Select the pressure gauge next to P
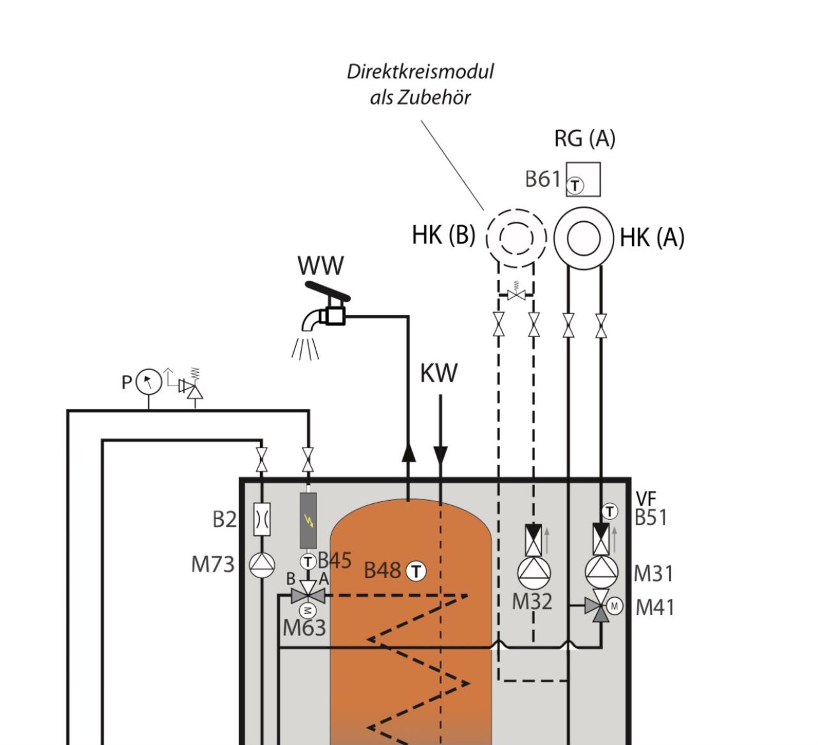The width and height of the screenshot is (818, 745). click(148, 382)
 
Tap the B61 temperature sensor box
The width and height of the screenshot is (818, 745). click(583, 179)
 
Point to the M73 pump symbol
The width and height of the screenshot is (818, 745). click(262, 565)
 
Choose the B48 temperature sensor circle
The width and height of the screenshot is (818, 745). click(416, 572)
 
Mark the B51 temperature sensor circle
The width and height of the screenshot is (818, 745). click(609, 511)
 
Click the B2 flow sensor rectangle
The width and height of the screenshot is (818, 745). click(261, 519)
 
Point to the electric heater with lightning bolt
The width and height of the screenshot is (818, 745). click(308, 521)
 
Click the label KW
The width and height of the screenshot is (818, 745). click(439, 373)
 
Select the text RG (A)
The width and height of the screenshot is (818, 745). click(584, 138)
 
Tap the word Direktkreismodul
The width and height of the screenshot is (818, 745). click(420, 72)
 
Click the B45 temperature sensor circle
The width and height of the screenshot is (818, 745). click(308, 562)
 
